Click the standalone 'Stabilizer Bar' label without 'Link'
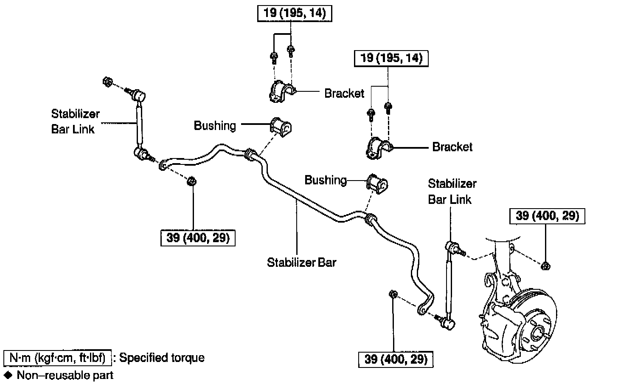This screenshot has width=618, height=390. pyautogui.click(x=301, y=263)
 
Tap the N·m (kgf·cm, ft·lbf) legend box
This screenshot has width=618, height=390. pyautogui.click(x=57, y=358)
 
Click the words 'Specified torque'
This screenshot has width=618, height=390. pyautogui.click(x=162, y=358)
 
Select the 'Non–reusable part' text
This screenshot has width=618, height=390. pyautogui.click(x=65, y=376)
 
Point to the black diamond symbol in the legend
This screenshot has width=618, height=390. pyautogui.click(x=8, y=375)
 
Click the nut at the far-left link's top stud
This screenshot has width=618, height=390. pyautogui.click(x=107, y=82)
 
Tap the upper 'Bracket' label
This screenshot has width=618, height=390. pyautogui.click(x=344, y=93)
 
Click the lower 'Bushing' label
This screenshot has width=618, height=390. pyautogui.click(x=326, y=180)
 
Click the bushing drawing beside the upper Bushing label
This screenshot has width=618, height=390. pyautogui.click(x=281, y=127)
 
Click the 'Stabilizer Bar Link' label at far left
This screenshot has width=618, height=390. pyautogui.click(x=75, y=122)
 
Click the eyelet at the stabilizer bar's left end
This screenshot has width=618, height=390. pyautogui.click(x=163, y=165)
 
